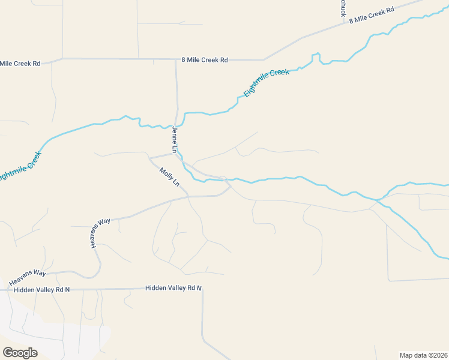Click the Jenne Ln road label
click(175, 140)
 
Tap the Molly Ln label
click(169, 178)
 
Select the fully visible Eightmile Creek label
click(267, 83)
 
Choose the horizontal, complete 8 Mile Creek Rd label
click(205, 60)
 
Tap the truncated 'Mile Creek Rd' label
click(20, 63)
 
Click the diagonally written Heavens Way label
click(101, 233)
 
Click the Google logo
click(20, 353)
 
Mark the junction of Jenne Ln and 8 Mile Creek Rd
click(176, 59)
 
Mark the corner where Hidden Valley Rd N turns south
click(202, 289)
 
